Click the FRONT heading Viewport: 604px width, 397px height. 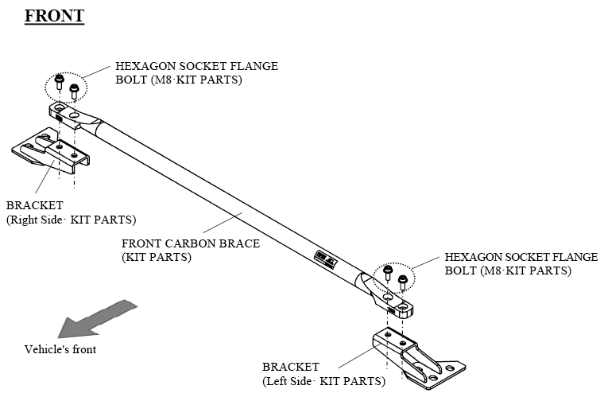coord(54,16)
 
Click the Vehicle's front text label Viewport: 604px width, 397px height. coord(60,349)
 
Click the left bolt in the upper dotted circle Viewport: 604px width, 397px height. coord(60,81)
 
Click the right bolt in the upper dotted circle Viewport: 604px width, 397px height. coord(75,90)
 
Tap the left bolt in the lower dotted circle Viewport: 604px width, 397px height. coord(388,273)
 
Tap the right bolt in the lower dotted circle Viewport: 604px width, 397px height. coord(403,280)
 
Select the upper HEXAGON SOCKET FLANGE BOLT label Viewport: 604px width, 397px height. coord(196,73)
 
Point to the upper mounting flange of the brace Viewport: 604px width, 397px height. coord(68,112)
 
